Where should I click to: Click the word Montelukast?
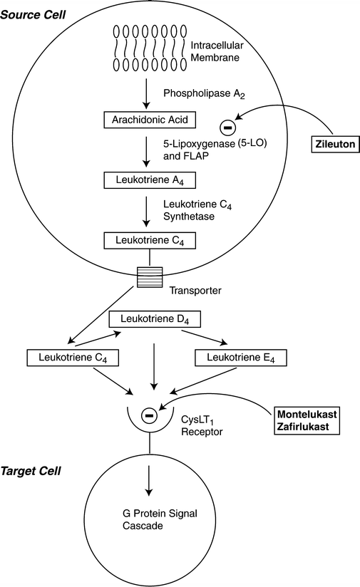[309, 414]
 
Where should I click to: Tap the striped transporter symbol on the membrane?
[148, 274]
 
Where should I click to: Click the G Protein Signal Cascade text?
[148, 520]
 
